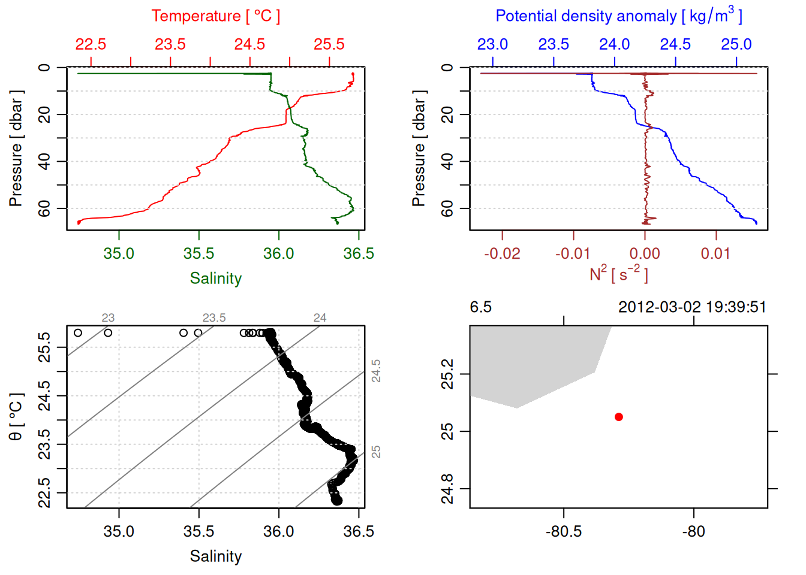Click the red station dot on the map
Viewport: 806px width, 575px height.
618,417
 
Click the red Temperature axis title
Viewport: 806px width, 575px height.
215,16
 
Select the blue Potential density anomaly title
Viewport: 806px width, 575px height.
618,16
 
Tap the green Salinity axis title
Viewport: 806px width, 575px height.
215,279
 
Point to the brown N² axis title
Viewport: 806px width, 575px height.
618,274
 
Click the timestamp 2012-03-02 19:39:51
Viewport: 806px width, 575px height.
692,307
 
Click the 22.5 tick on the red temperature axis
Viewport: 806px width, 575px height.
91,44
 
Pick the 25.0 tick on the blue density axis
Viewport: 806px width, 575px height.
736,44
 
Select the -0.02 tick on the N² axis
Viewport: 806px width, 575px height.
502,253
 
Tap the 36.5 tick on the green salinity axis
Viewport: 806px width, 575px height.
358,253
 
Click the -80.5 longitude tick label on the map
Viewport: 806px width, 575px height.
563,531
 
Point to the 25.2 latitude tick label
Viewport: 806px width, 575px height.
447,374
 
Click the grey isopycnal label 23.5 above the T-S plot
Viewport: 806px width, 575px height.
214,317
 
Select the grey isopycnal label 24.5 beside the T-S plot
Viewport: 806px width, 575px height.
376,371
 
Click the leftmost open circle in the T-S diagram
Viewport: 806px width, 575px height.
78,333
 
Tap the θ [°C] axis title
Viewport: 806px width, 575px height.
16,417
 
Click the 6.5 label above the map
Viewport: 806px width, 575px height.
480,307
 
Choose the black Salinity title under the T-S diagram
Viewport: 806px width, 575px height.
215,556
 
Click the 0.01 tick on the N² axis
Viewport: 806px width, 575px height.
715,253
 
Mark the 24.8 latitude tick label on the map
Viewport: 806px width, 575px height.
447,489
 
